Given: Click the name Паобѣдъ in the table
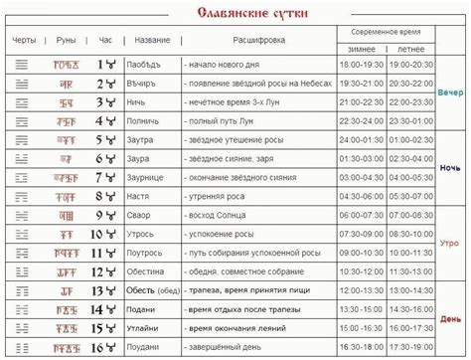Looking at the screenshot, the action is (147, 65).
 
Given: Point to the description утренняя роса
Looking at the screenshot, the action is (218, 196).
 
